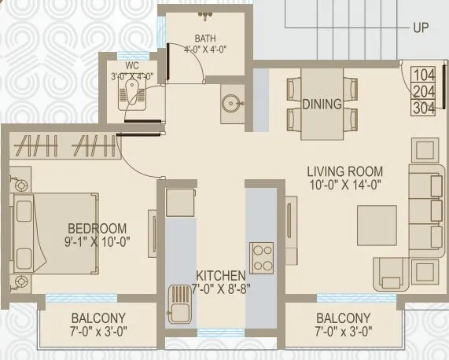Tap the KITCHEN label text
[x=221, y=276]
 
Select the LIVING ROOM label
[x=344, y=171]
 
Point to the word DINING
[x=321, y=104]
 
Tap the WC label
[x=131, y=65]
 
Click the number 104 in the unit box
[x=423, y=75]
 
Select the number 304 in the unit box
[x=423, y=107]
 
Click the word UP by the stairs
[x=420, y=27]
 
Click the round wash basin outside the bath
[x=230, y=104]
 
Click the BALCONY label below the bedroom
[x=99, y=318]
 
